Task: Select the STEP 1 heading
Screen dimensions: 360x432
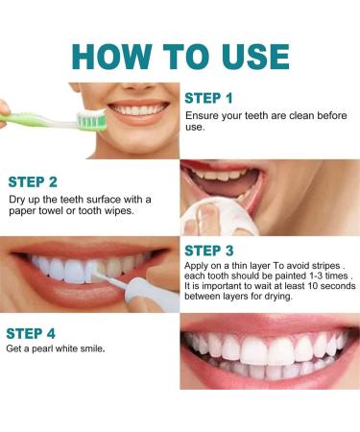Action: click(x=208, y=99)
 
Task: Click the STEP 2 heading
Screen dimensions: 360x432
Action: click(x=33, y=182)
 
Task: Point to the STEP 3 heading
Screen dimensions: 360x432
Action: click(x=209, y=251)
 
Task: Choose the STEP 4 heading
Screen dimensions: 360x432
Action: click(x=31, y=333)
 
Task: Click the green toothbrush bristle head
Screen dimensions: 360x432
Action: click(x=92, y=123)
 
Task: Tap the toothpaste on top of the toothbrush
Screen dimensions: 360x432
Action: click(x=91, y=113)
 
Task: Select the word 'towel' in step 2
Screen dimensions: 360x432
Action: click(x=51, y=211)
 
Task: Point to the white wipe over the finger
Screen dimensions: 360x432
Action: click(x=218, y=216)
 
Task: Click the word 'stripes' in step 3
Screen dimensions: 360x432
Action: click(x=325, y=266)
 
